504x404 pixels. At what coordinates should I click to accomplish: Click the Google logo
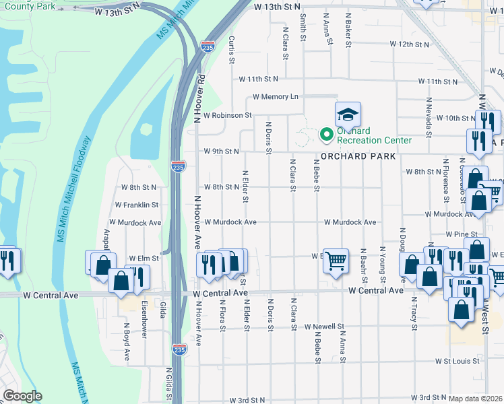(x=22, y=396)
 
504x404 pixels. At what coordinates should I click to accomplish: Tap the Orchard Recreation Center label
(x=374, y=135)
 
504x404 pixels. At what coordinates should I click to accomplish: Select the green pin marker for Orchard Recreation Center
(x=327, y=135)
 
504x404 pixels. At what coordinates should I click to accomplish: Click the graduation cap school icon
(x=348, y=114)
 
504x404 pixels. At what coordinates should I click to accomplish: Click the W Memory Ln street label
(x=275, y=97)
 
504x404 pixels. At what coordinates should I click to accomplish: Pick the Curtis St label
(x=231, y=50)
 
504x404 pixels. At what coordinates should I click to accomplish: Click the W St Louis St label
(x=456, y=361)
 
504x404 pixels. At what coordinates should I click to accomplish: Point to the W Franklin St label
(x=136, y=205)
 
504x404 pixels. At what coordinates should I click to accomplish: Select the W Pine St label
(x=462, y=234)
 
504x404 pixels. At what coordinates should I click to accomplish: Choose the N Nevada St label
(x=428, y=116)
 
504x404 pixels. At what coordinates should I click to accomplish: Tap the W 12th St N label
(x=410, y=44)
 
